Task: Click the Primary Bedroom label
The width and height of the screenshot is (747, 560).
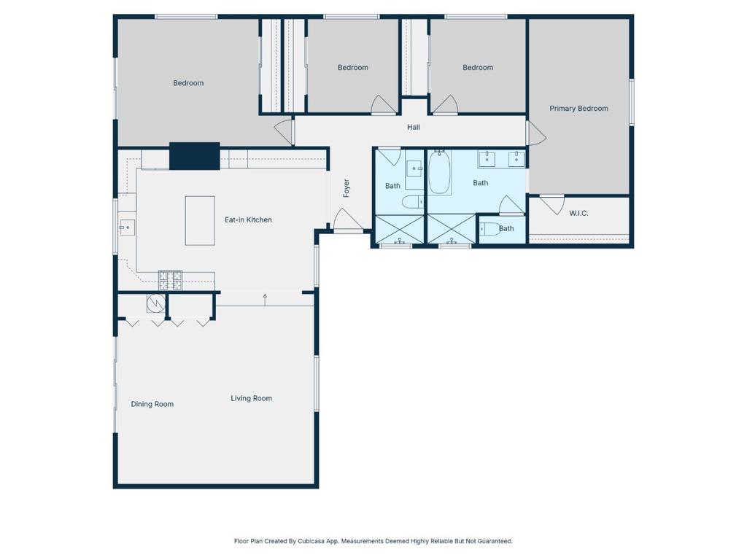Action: tap(578, 109)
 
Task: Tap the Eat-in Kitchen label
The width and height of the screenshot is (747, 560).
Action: tap(248, 220)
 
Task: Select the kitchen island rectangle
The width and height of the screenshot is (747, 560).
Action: tap(200, 220)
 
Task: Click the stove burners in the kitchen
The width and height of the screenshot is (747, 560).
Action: tap(171, 281)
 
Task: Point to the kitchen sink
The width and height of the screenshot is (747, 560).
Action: tap(127, 227)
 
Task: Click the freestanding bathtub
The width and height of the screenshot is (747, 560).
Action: tap(440, 173)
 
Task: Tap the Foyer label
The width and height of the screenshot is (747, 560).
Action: tap(347, 188)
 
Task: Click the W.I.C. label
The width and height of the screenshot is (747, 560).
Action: tap(578, 214)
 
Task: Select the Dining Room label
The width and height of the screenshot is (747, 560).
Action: tap(152, 404)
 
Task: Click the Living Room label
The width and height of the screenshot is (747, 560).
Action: tap(252, 399)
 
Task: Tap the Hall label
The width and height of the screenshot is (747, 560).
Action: tap(414, 127)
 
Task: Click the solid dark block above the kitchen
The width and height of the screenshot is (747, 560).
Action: tap(195, 156)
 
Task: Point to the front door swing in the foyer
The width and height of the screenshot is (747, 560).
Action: tap(348, 220)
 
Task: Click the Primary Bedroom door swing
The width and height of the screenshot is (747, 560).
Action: tap(536, 133)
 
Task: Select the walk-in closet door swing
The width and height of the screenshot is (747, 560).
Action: tap(552, 205)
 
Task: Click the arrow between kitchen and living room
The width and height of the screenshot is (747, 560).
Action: tap(265, 300)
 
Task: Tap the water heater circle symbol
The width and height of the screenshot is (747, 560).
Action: tap(156, 303)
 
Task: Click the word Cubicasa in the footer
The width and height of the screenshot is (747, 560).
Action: tap(311, 542)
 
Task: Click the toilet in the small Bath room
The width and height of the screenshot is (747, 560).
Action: tap(489, 229)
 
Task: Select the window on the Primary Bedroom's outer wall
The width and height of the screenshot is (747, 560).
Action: tap(632, 102)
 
